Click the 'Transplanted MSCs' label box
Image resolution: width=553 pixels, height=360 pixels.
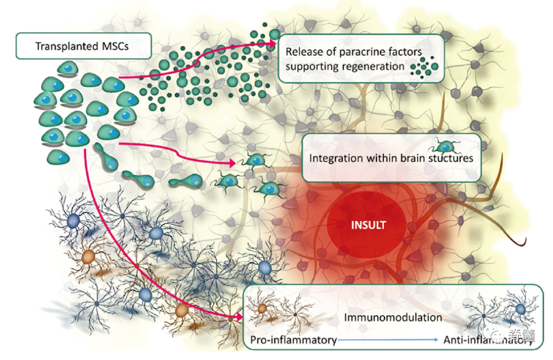83,46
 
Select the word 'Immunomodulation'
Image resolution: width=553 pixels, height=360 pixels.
392,317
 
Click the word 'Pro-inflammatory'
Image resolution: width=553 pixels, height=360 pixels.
293,340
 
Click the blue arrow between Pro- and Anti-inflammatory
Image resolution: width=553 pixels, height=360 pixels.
389,340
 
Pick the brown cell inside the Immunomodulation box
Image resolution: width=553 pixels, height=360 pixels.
262,309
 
